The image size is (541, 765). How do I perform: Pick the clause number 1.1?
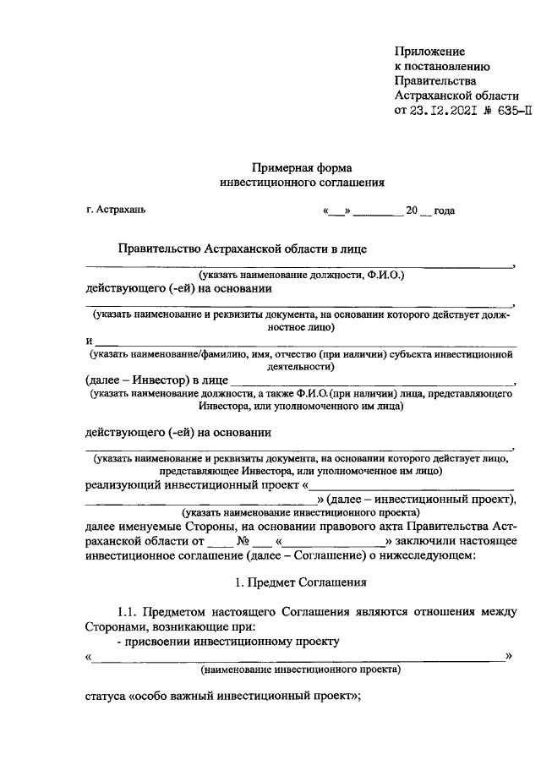128,611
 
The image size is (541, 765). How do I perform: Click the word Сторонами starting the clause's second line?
115,626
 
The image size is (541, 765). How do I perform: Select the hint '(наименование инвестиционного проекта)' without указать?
301,669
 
